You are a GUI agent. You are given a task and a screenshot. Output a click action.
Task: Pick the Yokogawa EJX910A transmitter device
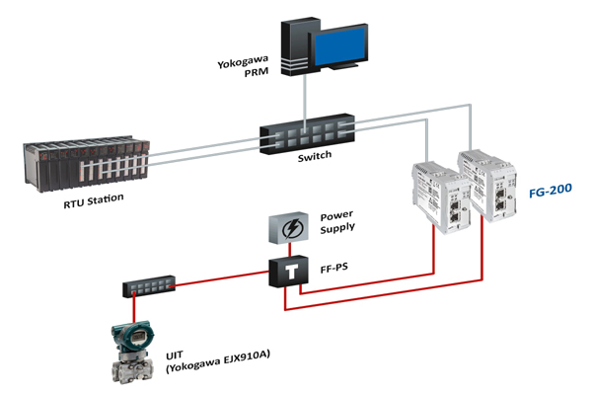point(135,352)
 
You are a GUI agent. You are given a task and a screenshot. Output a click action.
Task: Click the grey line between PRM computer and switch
point(306,99)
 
